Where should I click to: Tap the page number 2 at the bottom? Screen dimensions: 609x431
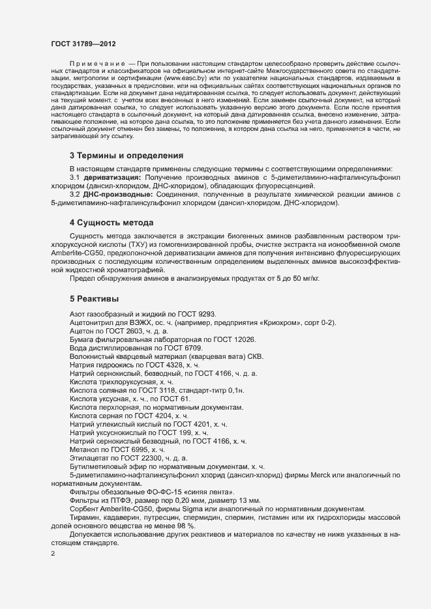[53, 554]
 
